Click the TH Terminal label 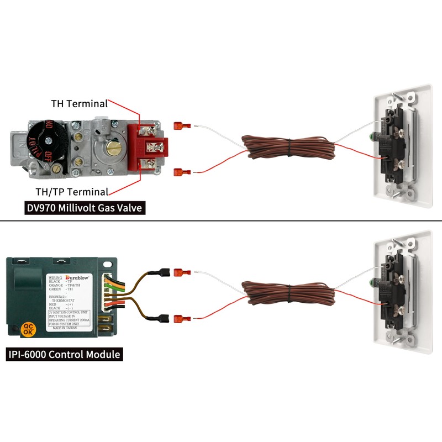point(78,103)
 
